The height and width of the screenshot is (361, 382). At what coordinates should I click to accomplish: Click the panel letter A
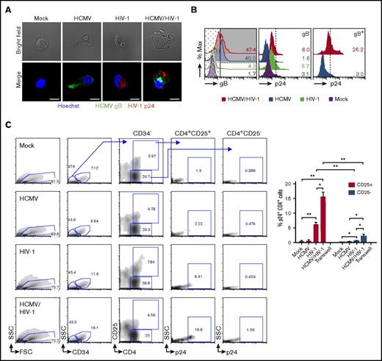pos(6,6)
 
